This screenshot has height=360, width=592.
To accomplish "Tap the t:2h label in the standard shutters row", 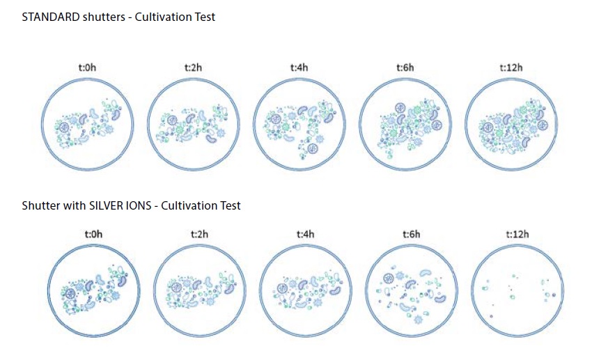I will click(x=193, y=68).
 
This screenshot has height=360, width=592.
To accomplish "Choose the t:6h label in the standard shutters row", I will click(x=405, y=68).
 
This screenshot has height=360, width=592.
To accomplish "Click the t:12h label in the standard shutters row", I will click(x=511, y=68).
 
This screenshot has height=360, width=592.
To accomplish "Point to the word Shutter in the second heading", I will click(x=41, y=205).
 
